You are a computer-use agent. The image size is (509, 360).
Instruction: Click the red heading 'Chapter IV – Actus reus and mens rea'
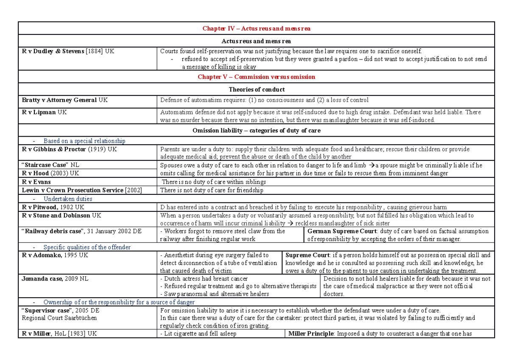(256, 28)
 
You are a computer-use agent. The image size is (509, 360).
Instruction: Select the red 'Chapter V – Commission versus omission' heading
(256, 77)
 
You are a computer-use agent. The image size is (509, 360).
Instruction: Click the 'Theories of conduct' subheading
(256, 89)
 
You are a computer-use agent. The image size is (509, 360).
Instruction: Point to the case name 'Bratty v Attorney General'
(59, 100)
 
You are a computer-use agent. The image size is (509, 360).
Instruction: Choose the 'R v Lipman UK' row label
(44, 112)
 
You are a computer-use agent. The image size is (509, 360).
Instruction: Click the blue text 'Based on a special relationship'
(84, 141)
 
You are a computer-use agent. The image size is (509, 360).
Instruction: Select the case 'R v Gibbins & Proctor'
(54, 149)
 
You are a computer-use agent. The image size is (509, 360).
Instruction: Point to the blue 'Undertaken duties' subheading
(68, 198)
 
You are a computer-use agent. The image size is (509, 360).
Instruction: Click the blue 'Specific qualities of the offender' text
(87, 247)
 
